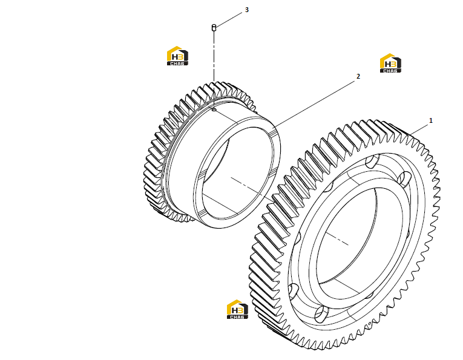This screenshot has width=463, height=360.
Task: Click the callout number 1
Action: tap(430, 120)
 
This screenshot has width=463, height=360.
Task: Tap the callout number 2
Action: tap(358, 76)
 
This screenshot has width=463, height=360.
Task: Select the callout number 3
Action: tap(246, 10)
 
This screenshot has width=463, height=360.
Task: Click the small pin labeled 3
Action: tap(214, 27)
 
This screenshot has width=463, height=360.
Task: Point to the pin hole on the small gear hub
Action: tap(214, 110)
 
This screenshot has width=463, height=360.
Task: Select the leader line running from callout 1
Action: tap(419, 129)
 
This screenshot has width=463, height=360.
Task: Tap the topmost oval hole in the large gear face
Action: tap(372, 160)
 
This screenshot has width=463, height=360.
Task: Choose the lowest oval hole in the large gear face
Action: tap(321, 314)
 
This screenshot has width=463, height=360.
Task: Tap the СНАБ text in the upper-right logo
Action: tap(390, 71)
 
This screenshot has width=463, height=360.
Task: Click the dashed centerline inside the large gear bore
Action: tap(337, 239)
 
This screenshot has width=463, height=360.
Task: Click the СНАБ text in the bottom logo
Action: tap(237, 317)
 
